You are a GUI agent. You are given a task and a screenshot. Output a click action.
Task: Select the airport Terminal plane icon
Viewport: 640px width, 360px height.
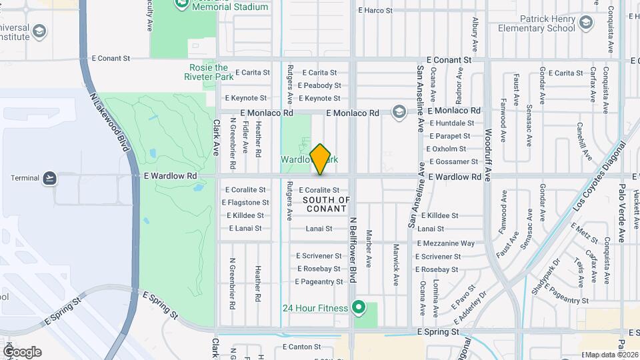(49, 178)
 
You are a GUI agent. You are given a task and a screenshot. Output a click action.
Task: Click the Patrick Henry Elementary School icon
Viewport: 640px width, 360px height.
(586, 23)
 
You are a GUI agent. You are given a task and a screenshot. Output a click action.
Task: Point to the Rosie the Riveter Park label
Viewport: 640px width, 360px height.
(209, 72)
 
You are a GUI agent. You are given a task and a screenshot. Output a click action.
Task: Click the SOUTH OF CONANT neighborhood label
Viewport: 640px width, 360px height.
(327, 204)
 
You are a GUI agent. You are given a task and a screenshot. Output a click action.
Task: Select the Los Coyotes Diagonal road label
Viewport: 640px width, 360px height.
(599, 176)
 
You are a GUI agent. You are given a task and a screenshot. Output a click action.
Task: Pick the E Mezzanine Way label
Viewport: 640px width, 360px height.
(446, 244)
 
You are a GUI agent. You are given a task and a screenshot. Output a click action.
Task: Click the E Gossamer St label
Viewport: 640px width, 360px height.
(453, 161)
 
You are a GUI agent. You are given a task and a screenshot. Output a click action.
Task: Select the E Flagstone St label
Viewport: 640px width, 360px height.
(245, 203)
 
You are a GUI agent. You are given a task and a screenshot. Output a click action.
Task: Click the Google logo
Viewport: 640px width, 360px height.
(23, 352)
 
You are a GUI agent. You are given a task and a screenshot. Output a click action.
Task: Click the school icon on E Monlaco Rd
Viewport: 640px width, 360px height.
(399, 111)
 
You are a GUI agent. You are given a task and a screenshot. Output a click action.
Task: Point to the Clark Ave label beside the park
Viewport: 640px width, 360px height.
(216, 137)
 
